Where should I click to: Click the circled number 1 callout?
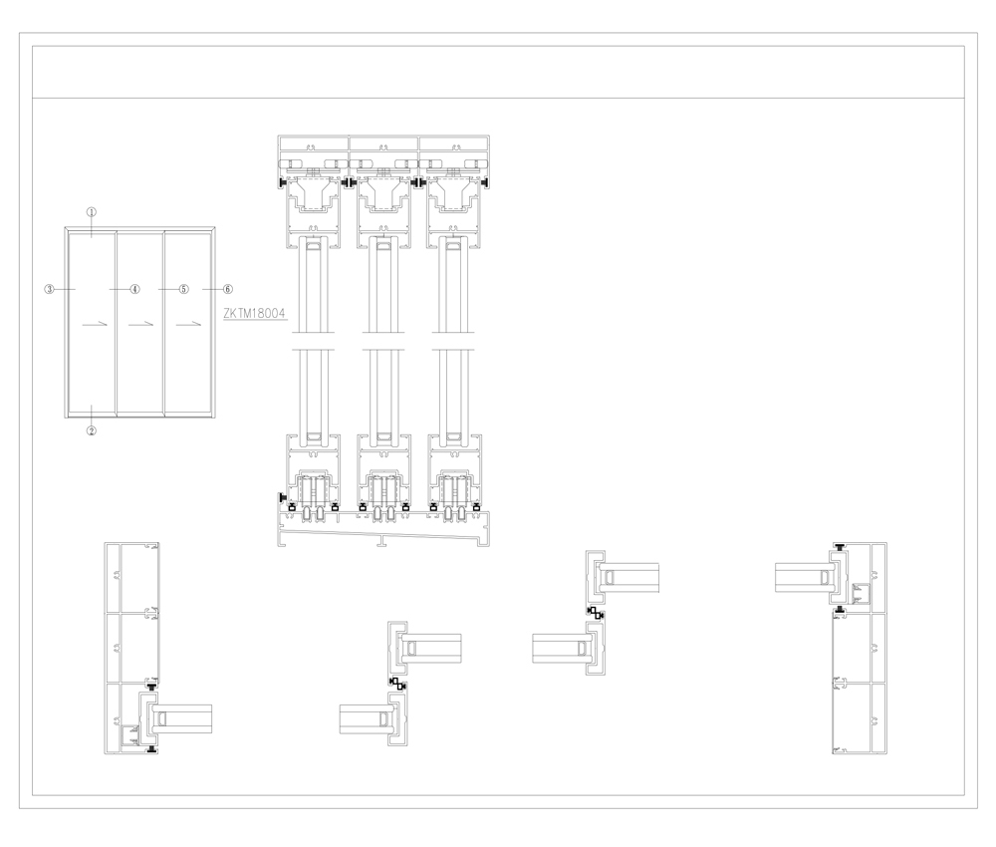[x=92, y=212]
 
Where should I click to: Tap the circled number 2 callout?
[x=92, y=430]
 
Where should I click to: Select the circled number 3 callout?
[x=49, y=289]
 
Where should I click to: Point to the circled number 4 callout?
[x=134, y=289]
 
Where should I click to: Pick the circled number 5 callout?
[x=183, y=289]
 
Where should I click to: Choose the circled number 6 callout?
[x=228, y=289]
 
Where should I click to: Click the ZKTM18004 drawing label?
[x=255, y=313]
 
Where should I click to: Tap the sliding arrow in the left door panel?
[x=96, y=324]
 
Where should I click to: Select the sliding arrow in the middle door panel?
[x=141, y=324]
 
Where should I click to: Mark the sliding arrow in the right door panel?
[x=188, y=324]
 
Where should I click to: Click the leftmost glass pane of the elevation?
[x=92, y=323]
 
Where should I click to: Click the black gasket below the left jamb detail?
[x=151, y=751]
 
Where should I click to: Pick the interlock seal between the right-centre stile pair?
[x=596, y=614]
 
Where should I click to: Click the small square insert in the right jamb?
[x=861, y=594]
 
